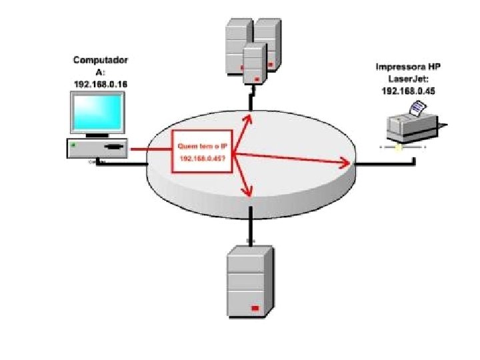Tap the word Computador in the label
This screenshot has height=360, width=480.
101,61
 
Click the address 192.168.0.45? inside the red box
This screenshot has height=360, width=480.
202,159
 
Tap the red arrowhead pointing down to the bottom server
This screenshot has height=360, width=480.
249,193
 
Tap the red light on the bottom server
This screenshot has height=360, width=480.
253,309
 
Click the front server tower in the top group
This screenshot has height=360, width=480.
253,63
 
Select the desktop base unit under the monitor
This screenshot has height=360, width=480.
97,147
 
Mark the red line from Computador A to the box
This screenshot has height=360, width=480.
151,149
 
